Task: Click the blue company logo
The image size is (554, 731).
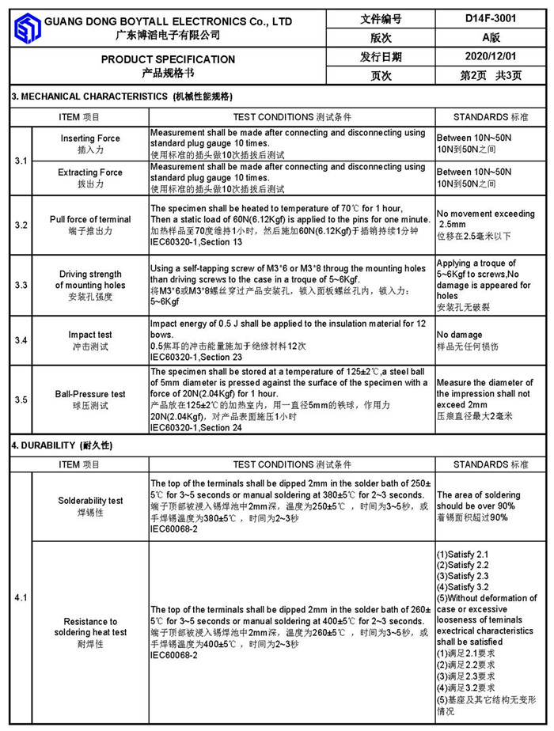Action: (27, 28)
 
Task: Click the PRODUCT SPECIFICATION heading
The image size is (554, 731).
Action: (168, 59)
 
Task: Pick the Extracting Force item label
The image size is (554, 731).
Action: (90, 172)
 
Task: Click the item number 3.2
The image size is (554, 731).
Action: (21, 225)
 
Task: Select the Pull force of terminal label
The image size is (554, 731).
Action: (90, 219)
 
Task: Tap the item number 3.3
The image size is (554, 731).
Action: (21, 285)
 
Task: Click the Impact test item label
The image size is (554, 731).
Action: (90, 335)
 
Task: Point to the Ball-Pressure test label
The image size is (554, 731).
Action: (90, 394)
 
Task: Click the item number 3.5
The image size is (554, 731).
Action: (21, 400)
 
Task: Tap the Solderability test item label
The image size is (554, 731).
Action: (90, 501)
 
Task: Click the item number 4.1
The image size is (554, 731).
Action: (21, 598)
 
